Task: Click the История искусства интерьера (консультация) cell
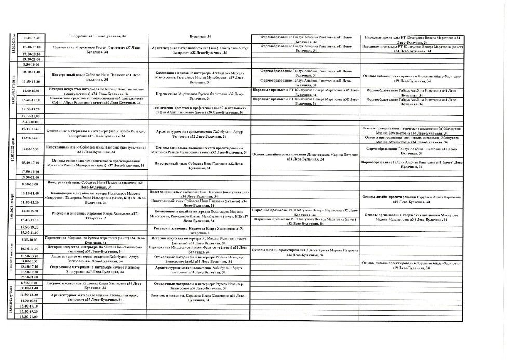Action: (x=95, y=91)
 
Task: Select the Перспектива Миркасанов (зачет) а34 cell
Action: (x=95, y=239)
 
